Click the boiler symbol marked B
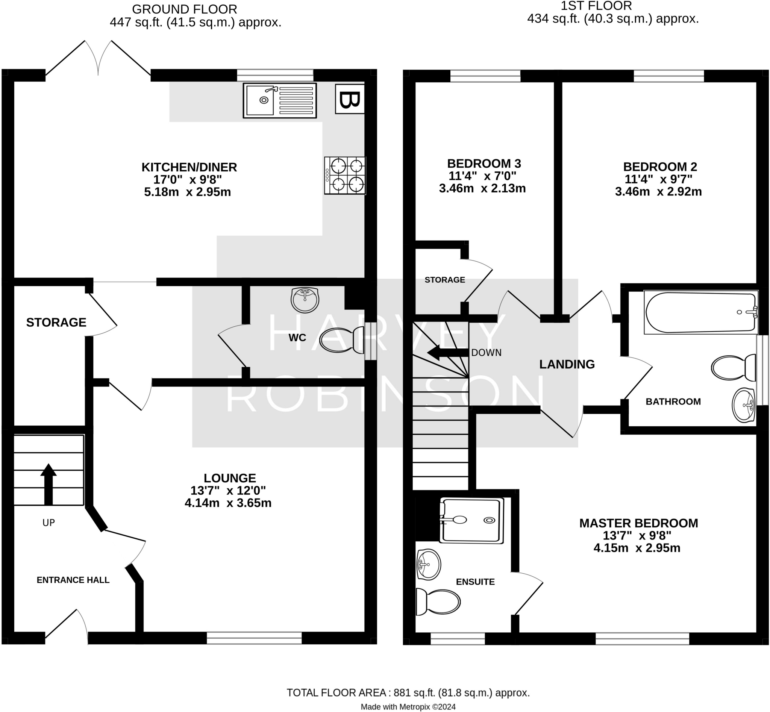pos(350,99)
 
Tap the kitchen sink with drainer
pos(279,100)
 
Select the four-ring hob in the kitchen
pos(345,175)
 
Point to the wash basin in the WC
pos(305,300)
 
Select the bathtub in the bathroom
pos(700,312)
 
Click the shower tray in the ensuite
pos(472,520)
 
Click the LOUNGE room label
pos(230,478)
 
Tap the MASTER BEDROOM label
pos(638,523)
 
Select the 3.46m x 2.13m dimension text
pos(482,188)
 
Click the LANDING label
pos(567,364)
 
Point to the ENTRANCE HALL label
pos(73,580)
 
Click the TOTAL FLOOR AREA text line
pos(408,693)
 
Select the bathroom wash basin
pos(743,405)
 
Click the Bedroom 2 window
pos(668,76)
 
